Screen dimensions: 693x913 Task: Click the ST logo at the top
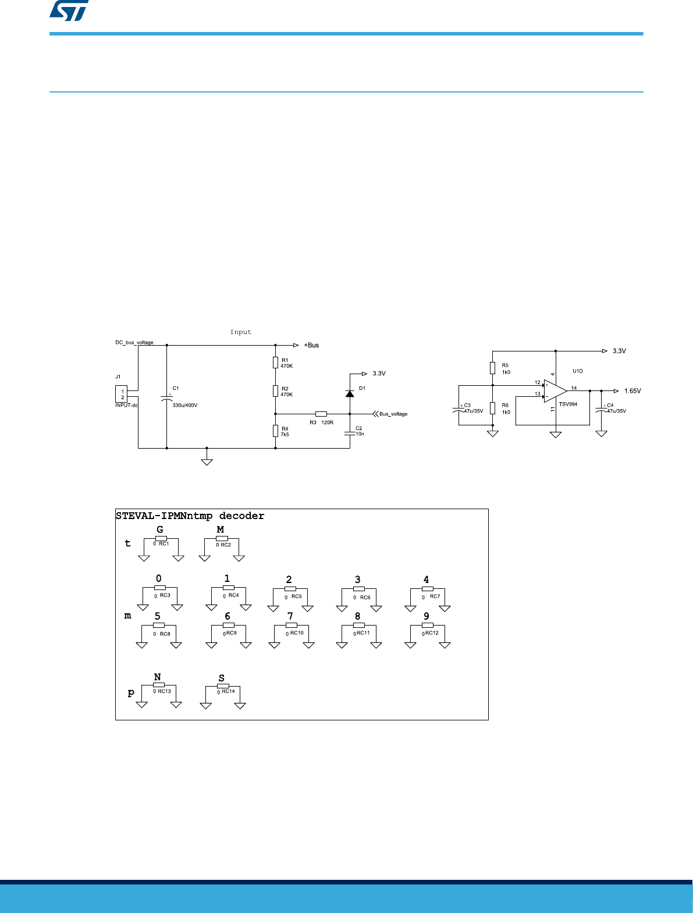69,10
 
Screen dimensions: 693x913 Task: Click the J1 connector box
121,394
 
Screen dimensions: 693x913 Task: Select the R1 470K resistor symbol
275,363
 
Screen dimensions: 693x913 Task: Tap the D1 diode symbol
350,393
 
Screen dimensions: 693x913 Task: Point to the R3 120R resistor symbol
321,414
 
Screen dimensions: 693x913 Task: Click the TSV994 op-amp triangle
556,391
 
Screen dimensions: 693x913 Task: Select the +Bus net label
311,345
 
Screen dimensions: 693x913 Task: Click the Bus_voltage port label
393,414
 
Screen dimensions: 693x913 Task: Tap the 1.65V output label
632,391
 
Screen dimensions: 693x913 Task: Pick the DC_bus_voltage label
134,342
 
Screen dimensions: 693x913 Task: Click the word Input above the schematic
241,332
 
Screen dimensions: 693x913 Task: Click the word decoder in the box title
241,516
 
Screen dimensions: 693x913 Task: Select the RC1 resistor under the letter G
161,539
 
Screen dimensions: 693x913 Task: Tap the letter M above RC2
221,530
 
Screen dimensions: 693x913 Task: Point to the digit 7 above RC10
290,616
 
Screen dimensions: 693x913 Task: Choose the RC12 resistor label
432,633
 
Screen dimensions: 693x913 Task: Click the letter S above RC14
222,678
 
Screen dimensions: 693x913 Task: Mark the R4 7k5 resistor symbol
275,431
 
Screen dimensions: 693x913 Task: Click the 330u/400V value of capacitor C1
184,405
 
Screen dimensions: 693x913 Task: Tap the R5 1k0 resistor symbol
492,368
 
